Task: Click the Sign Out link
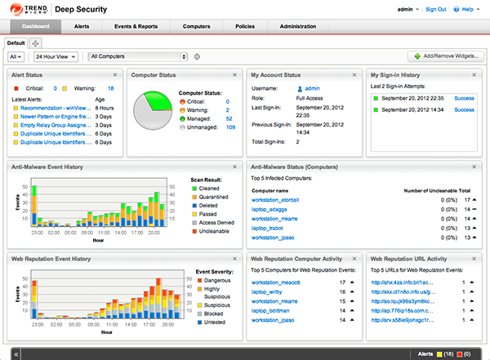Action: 436,10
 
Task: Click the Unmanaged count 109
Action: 230,127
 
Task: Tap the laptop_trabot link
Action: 272,229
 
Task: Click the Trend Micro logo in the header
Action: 29,10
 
